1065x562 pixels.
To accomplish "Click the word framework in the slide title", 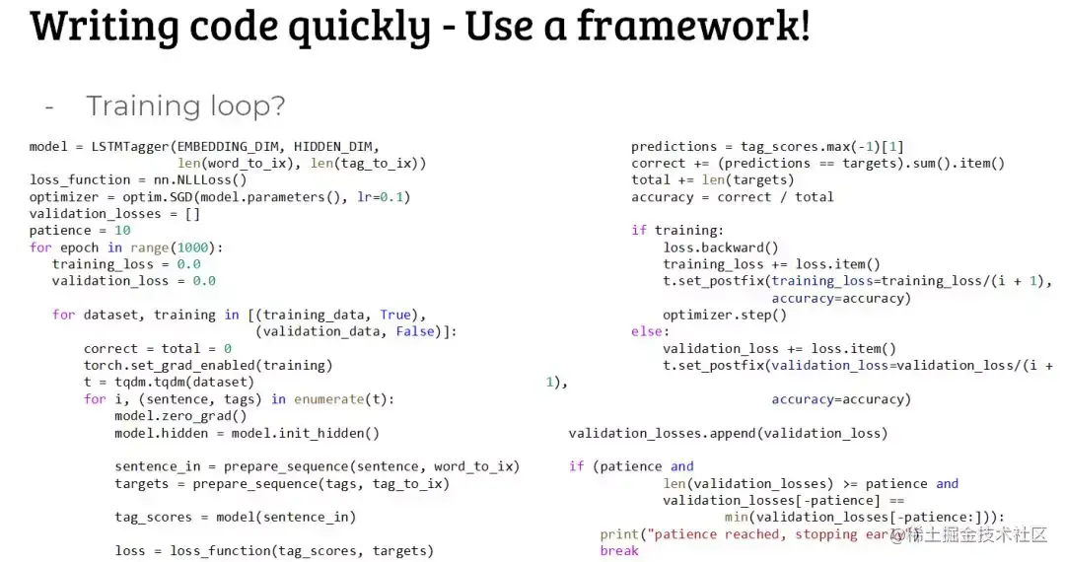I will click(x=690, y=27).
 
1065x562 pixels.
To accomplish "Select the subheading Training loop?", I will click(x=185, y=105).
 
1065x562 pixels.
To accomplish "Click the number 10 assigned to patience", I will click(x=122, y=230).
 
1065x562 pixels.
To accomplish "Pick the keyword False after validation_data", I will click(x=415, y=331).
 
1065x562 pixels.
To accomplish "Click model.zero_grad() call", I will click(x=180, y=415).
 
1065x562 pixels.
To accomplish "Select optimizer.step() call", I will click(x=725, y=315).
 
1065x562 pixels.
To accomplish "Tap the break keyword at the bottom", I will click(x=619, y=550).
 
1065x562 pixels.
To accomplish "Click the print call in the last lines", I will click(x=619, y=533).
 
